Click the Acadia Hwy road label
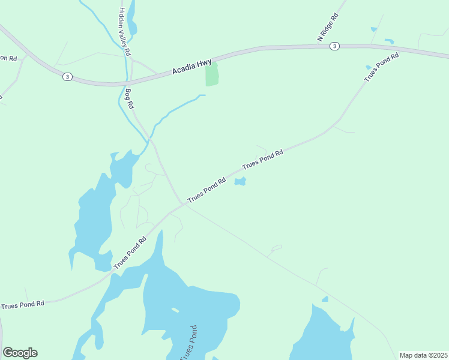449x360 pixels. [191, 65]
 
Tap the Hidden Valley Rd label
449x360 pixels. [124, 32]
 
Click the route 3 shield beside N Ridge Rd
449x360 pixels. [334, 46]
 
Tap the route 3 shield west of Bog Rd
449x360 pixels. [68, 77]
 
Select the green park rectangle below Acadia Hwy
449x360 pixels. [212, 74]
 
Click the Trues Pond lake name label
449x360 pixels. [191, 343]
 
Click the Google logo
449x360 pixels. [20, 353]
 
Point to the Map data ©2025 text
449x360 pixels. [423, 355]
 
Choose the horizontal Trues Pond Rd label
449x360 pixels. [23, 305]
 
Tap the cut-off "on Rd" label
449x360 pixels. [8, 58]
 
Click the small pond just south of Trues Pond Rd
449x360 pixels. [240, 181]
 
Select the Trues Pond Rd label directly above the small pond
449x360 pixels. [262, 160]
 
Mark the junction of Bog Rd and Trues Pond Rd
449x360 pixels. [182, 203]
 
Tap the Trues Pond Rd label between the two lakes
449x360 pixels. [130, 253]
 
